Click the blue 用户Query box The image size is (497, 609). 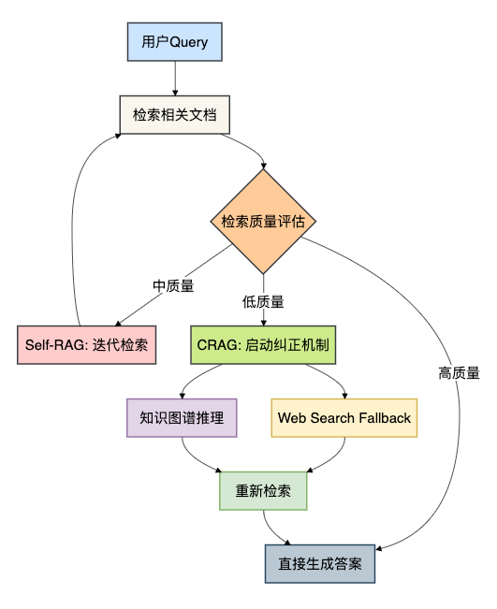pos(175,42)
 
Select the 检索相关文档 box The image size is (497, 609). pos(175,115)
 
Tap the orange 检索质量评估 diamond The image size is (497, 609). pos(263,222)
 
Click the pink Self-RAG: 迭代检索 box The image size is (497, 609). pos(87,345)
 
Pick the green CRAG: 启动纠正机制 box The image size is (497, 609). pos(263,345)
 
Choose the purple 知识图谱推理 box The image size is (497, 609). pos(182,418)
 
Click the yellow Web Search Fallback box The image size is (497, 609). pos(344,418)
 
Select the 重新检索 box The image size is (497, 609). pos(263,491)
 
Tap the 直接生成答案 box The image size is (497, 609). pos(320,564)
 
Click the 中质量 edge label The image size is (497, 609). pos(173,286)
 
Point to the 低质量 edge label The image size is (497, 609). pos(263,302)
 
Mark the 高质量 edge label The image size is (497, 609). pos(459,373)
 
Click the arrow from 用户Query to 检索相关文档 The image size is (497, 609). pos(175,79)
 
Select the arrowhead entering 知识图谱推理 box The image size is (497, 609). pos(182,396)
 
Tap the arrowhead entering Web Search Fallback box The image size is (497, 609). pos(344,396)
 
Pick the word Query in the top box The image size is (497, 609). pos(189,42)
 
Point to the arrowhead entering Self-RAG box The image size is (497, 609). pos(118,323)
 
